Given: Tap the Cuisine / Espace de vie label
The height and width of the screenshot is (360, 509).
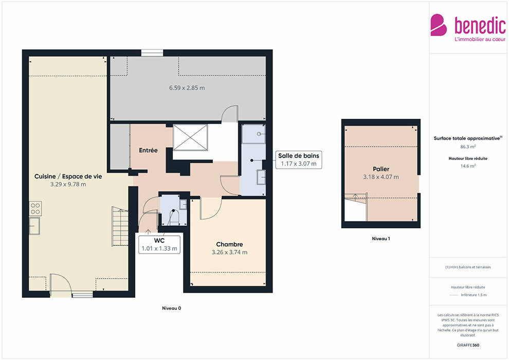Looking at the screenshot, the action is click(68, 176).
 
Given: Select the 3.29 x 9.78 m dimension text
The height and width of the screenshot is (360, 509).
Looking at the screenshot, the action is click(68, 185).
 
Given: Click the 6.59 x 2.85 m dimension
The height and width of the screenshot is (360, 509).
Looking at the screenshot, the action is click(187, 88).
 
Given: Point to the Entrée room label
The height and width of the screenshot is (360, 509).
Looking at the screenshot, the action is click(149, 150).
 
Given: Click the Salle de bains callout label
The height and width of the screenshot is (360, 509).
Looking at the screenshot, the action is click(299, 156).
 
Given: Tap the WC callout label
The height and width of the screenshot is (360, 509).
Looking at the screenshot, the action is click(159, 241).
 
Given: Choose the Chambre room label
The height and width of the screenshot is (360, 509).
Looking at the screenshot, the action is click(229, 244).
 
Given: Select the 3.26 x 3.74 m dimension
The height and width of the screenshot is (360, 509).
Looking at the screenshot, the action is click(229, 252).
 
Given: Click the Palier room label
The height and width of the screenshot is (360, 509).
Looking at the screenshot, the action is click(381, 169).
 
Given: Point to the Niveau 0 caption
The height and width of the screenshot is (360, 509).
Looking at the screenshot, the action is click(171, 308).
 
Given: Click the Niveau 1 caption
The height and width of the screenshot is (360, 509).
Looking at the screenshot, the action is click(381, 239).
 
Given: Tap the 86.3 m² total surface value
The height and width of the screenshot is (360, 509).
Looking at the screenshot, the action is click(468, 147).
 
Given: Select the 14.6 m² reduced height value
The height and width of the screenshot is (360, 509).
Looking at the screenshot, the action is click(468, 166).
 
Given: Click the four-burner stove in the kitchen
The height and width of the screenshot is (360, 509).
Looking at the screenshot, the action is click(35, 209).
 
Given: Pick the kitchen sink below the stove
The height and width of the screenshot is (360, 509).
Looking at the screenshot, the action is click(34, 226).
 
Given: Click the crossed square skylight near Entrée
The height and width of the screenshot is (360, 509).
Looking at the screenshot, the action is click(190, 138).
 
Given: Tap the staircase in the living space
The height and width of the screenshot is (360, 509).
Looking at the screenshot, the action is click(120, 226).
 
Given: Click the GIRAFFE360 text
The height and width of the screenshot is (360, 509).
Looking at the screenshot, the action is click(468, 345).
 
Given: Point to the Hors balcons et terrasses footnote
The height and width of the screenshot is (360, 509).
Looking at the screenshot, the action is click(468, 267).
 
